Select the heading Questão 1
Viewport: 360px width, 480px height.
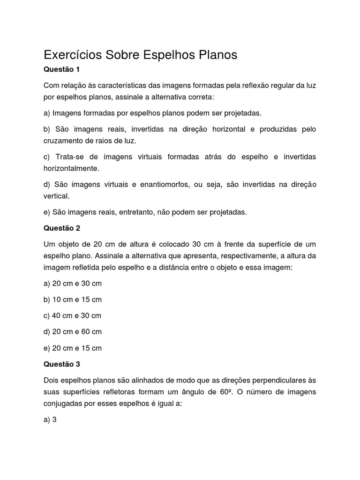pyautogui.click(x=62, y=69)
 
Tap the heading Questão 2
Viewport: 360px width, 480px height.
pyautogui.click(x=62, y=228)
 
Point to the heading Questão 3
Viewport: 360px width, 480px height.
pyautogui.click(x=62, y=364)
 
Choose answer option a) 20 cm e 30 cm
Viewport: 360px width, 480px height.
pyautogui.click(x=73, y=284)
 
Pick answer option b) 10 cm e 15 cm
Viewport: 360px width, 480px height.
pyautogui.click(x=73, y=300)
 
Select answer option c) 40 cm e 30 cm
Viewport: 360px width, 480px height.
pyautogui.click(x=73, y=315)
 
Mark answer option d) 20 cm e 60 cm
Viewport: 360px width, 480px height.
pyautogui.click(x=73, y=332)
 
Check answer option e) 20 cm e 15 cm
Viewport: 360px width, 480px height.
pyautogui.click(x=73, y=348)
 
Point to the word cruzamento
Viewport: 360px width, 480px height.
pyautogui.click(x=63, y=140)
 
